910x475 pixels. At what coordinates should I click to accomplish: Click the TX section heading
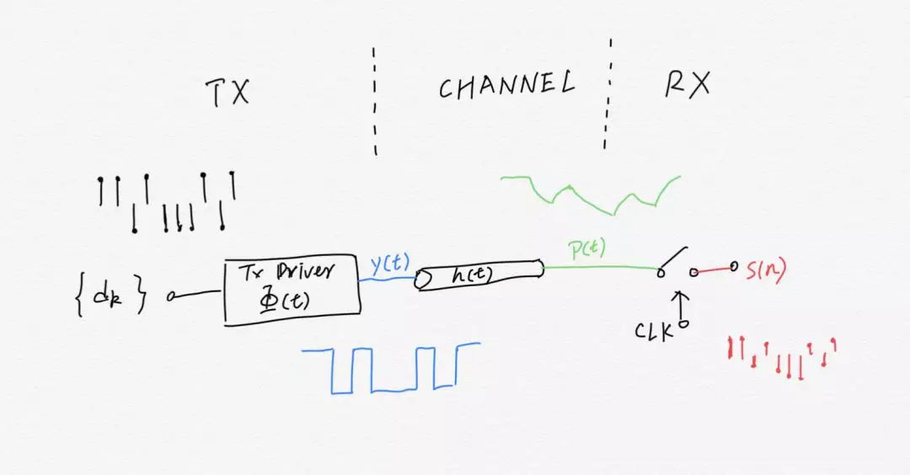tap(227, 92)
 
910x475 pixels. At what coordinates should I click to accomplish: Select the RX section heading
tap(687, 84)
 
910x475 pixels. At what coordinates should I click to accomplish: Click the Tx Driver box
tap(292, 289)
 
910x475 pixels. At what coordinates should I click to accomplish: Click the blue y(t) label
tap(389, 264)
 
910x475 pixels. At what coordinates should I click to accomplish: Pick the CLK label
tap(655, 331)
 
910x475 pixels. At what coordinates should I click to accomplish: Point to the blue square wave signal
tap(391, 368)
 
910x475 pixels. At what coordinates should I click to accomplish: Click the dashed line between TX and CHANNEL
tap(374, 101)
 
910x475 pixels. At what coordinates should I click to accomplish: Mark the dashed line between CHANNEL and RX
tap(608, 93)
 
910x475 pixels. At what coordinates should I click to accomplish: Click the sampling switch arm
tap(674, 259)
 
